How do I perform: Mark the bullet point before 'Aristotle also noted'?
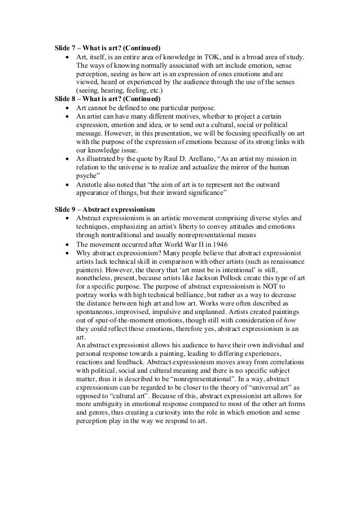pos(68,184)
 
